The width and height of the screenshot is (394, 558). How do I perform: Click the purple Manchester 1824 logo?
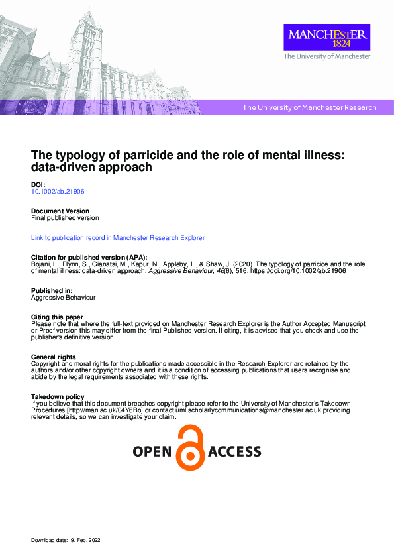[326, 37]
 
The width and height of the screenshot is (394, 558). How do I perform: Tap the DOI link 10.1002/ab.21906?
[58, 191]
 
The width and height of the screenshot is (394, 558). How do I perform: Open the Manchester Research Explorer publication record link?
[118, 237]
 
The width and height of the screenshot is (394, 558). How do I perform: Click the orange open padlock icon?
[191, 447]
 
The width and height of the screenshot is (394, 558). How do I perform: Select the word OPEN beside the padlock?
[153, 452]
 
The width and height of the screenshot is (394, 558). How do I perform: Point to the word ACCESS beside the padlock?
[234, 452]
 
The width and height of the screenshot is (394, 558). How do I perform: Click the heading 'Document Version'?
[60, 211]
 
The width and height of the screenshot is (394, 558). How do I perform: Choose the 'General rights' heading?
[53, 357]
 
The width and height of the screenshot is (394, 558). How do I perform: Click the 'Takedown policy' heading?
[57, 397]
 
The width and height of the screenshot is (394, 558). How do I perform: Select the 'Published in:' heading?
[52, 291]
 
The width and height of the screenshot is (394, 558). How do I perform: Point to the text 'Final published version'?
[65, 217]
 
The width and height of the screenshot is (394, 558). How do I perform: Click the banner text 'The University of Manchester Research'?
[309, 107]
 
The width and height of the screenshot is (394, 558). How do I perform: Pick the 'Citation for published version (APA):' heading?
[89, 257]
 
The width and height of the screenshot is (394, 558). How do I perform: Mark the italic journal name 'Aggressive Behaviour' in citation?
[175, 270]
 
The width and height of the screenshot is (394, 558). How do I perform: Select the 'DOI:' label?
[38, 184]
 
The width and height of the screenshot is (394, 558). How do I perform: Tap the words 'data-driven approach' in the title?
[92, 168]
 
